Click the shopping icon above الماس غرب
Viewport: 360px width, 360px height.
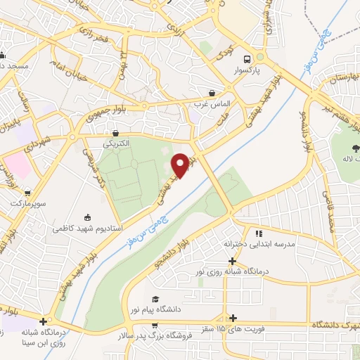coord(212,93)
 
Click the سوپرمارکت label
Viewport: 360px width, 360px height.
coord(27,202)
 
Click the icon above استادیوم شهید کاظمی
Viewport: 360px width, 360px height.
coord(87,217)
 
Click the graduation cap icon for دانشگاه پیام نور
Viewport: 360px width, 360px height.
coord(155,300)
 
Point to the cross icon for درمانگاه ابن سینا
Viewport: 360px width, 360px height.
coord(44,321)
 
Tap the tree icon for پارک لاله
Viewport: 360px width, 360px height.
coord(355,148)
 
